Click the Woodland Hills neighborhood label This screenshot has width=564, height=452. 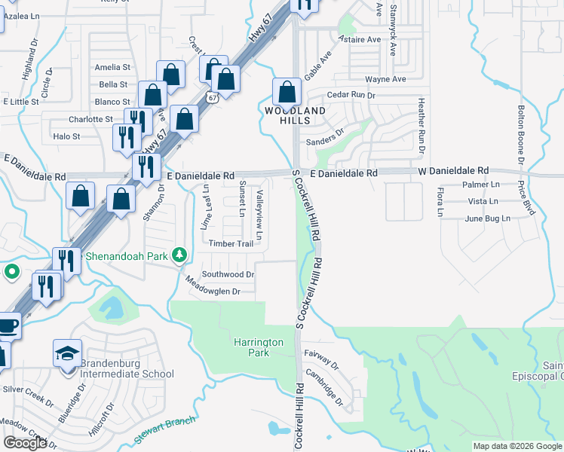click(x=295, y=116)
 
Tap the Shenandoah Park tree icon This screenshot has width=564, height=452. click(x=179, y=255)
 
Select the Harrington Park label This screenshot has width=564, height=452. click(x=258, y=347)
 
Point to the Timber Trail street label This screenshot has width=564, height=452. click(x=231, y=243)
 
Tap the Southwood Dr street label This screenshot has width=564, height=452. click(x=228, y=275)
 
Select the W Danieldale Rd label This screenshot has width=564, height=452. click(x=453, y=171)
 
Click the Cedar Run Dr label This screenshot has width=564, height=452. click(x=351, y=95)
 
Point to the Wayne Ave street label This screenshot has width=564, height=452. click(x=385, y=78)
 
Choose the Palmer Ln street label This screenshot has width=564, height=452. click(x=483, y=184)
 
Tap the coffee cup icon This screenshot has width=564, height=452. click(x=8, y=326)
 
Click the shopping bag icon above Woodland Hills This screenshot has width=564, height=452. click(x=287, y=93)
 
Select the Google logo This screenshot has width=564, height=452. click(x=24, y=443)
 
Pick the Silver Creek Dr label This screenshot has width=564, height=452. click(x=28, y=389)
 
